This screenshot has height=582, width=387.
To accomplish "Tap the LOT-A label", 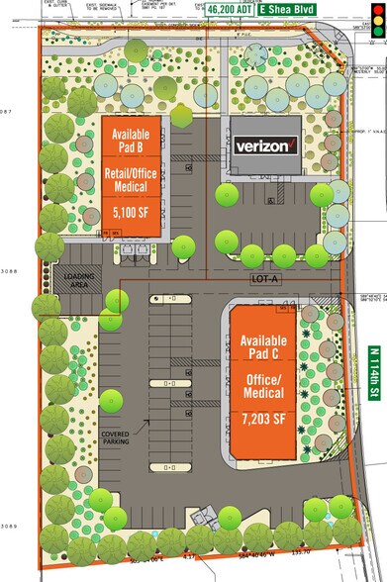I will click(233, 280).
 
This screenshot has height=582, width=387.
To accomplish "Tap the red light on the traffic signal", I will click(375, 8).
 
